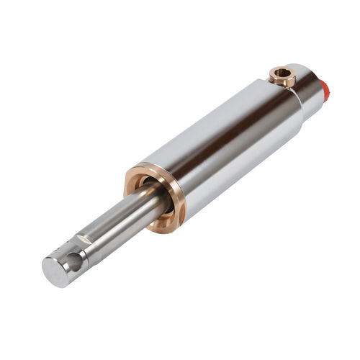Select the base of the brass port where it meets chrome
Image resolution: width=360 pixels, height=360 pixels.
pos(282,84)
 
